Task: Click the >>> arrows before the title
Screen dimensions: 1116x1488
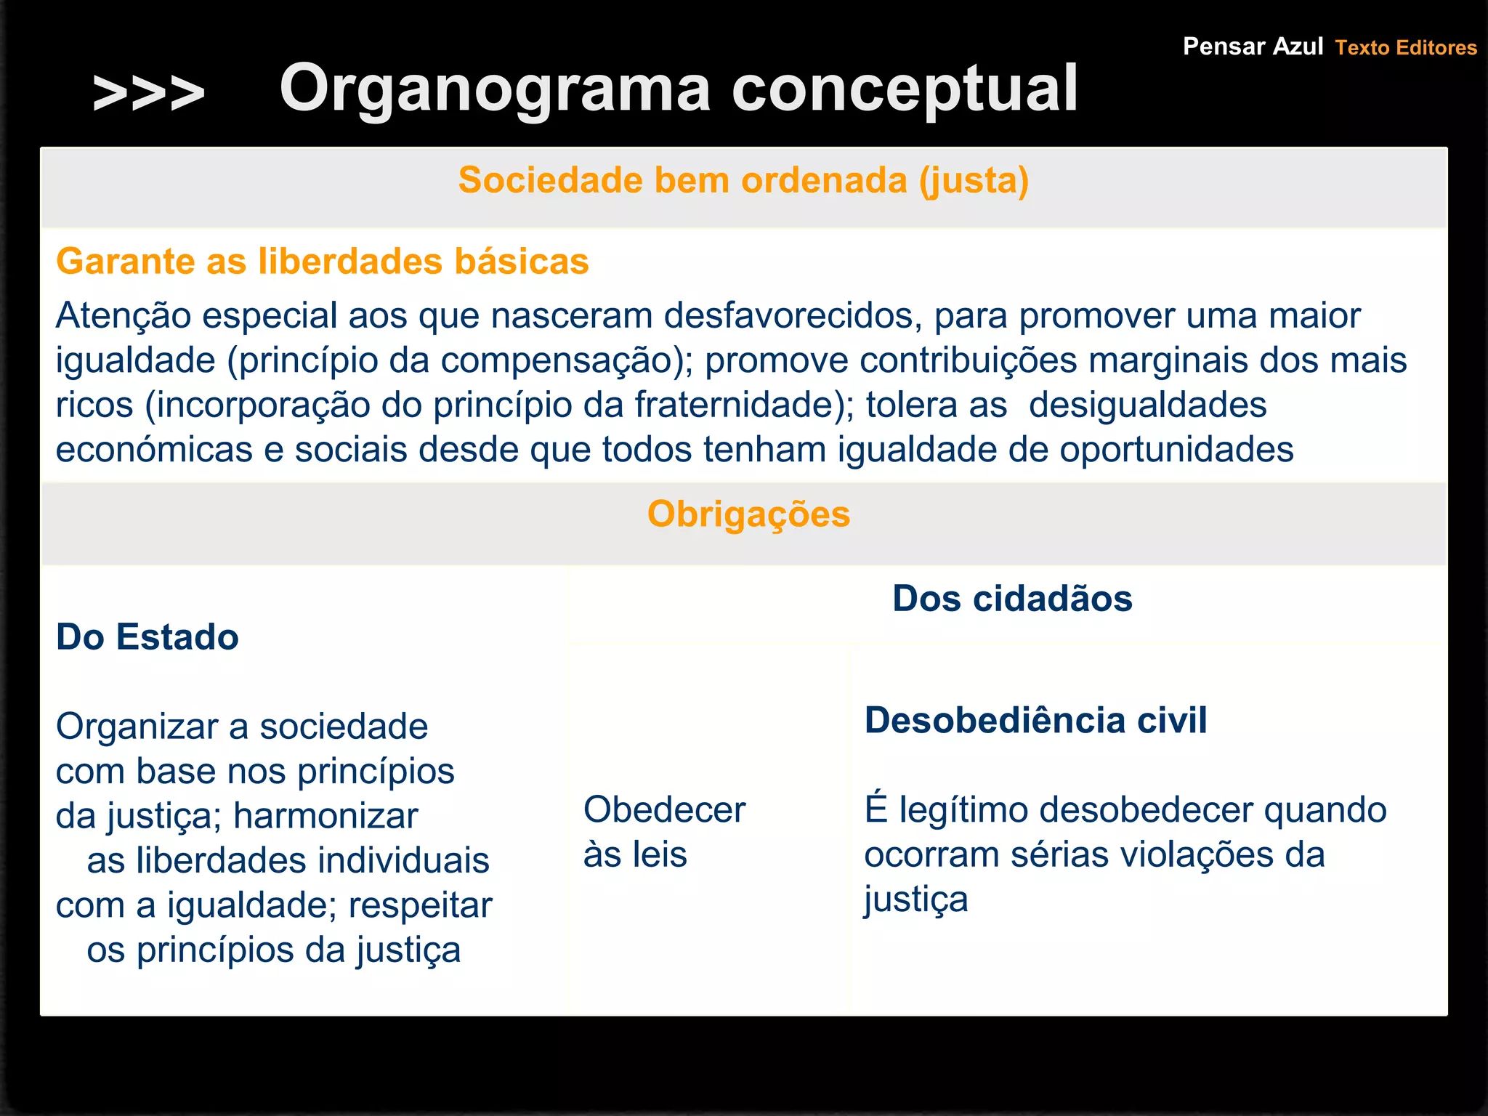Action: (149, 93)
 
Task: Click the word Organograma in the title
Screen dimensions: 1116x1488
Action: (495, 89)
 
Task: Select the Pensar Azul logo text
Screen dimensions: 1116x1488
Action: (1253, 46)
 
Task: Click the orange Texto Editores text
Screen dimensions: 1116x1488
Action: (1406, 48)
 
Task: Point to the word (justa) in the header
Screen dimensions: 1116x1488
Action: (974, 180)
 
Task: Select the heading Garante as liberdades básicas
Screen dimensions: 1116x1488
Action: (322, 262)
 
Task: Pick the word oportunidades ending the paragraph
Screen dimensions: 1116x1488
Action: (1176, 450)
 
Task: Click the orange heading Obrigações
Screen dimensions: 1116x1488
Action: (748, 514)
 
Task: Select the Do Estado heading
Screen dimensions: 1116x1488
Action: (147, 637)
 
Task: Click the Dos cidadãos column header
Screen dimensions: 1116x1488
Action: (1012, 599)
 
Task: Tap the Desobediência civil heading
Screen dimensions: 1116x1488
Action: (1035, 721)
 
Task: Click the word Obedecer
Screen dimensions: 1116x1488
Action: (664, 810)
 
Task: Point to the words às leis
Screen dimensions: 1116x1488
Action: (635, 855)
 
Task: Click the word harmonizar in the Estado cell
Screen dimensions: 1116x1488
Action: (325, 816)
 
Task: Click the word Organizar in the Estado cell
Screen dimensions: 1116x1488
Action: (137, 727)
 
